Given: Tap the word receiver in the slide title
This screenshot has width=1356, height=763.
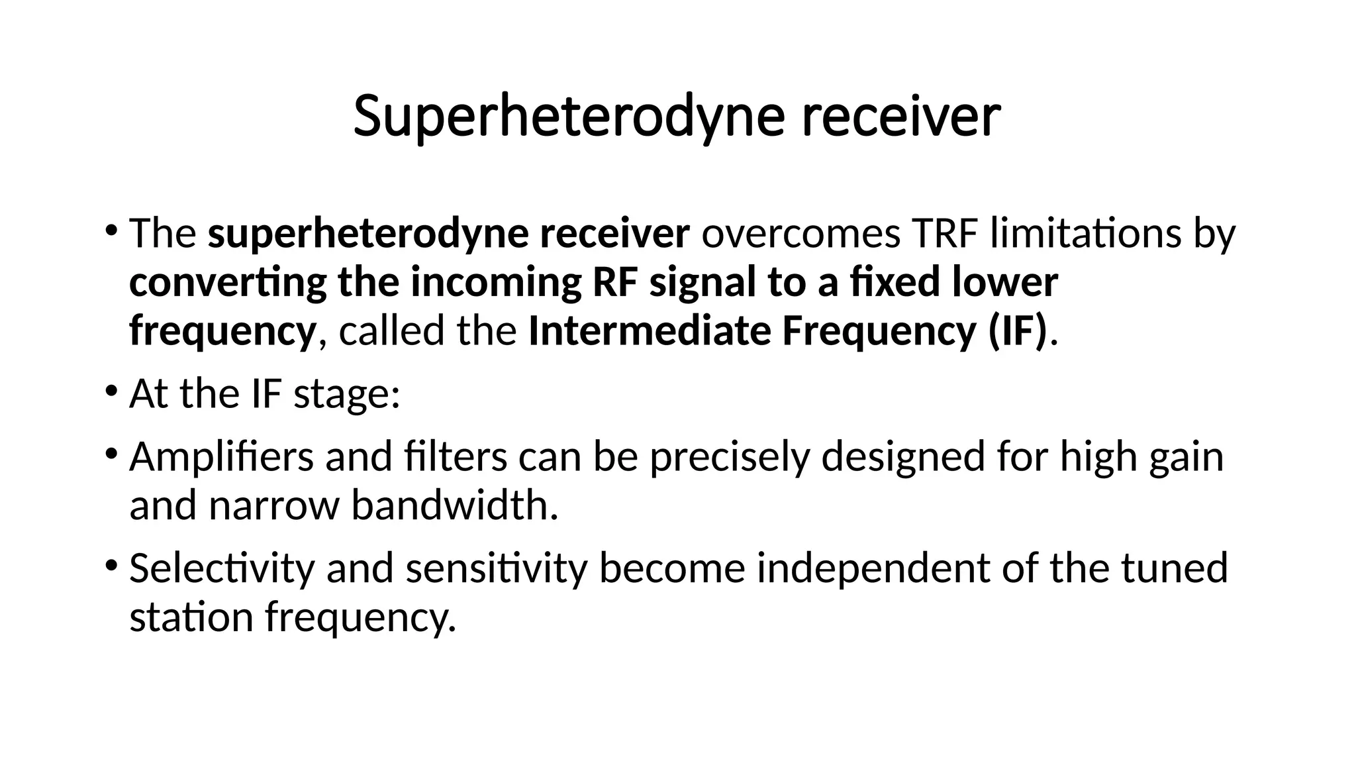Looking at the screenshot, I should coord(901,117).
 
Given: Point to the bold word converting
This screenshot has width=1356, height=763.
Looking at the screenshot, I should coord(228,283).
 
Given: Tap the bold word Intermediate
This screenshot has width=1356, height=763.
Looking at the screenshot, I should coord(650,331).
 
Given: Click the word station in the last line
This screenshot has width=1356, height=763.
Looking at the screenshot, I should coord(191,617).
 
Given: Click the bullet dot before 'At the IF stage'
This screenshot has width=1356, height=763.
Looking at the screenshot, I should coord(111,389).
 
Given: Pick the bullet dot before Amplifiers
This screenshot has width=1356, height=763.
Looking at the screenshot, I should coord(111,453).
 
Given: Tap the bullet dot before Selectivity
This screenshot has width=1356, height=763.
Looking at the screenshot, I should coord(111,564).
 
